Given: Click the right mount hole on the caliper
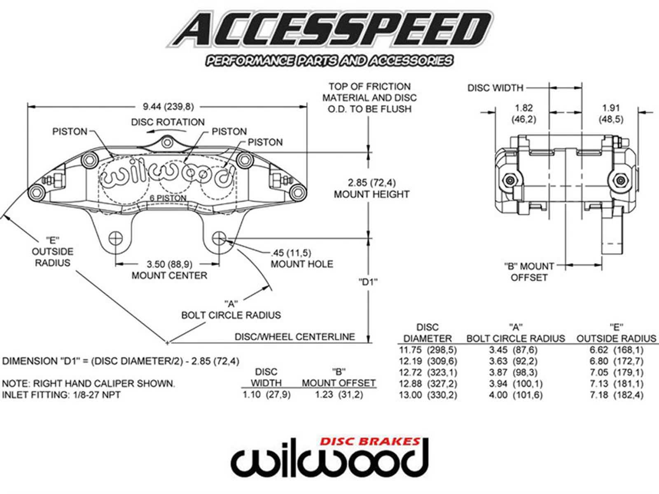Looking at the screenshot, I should (x=219, y=238).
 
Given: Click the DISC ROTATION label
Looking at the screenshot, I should (x=168, y=122).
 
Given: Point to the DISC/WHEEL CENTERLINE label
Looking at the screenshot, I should (x=294, y=337).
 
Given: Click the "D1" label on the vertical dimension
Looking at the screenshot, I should (x=368, y=282).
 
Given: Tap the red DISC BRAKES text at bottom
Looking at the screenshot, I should (x=370, y=442).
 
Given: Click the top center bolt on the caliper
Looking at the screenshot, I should (x=167, y=142).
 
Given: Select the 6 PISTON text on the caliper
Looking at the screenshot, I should (x=168, y=198).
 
